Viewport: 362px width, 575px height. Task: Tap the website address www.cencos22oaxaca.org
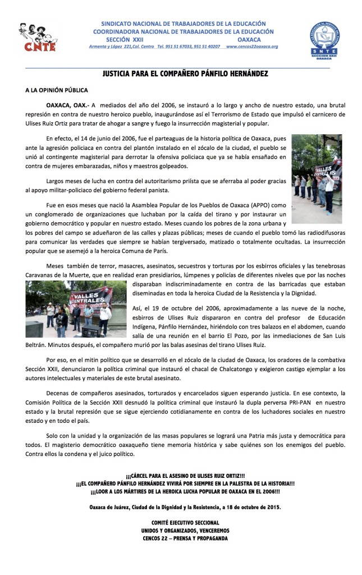tap(252, 47)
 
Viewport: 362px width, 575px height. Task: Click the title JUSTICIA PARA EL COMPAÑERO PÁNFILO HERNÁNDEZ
tap(181, 74)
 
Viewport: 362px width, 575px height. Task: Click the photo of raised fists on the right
tap(317, 170)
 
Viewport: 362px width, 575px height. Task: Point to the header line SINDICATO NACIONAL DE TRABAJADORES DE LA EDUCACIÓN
tap(183, 24)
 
